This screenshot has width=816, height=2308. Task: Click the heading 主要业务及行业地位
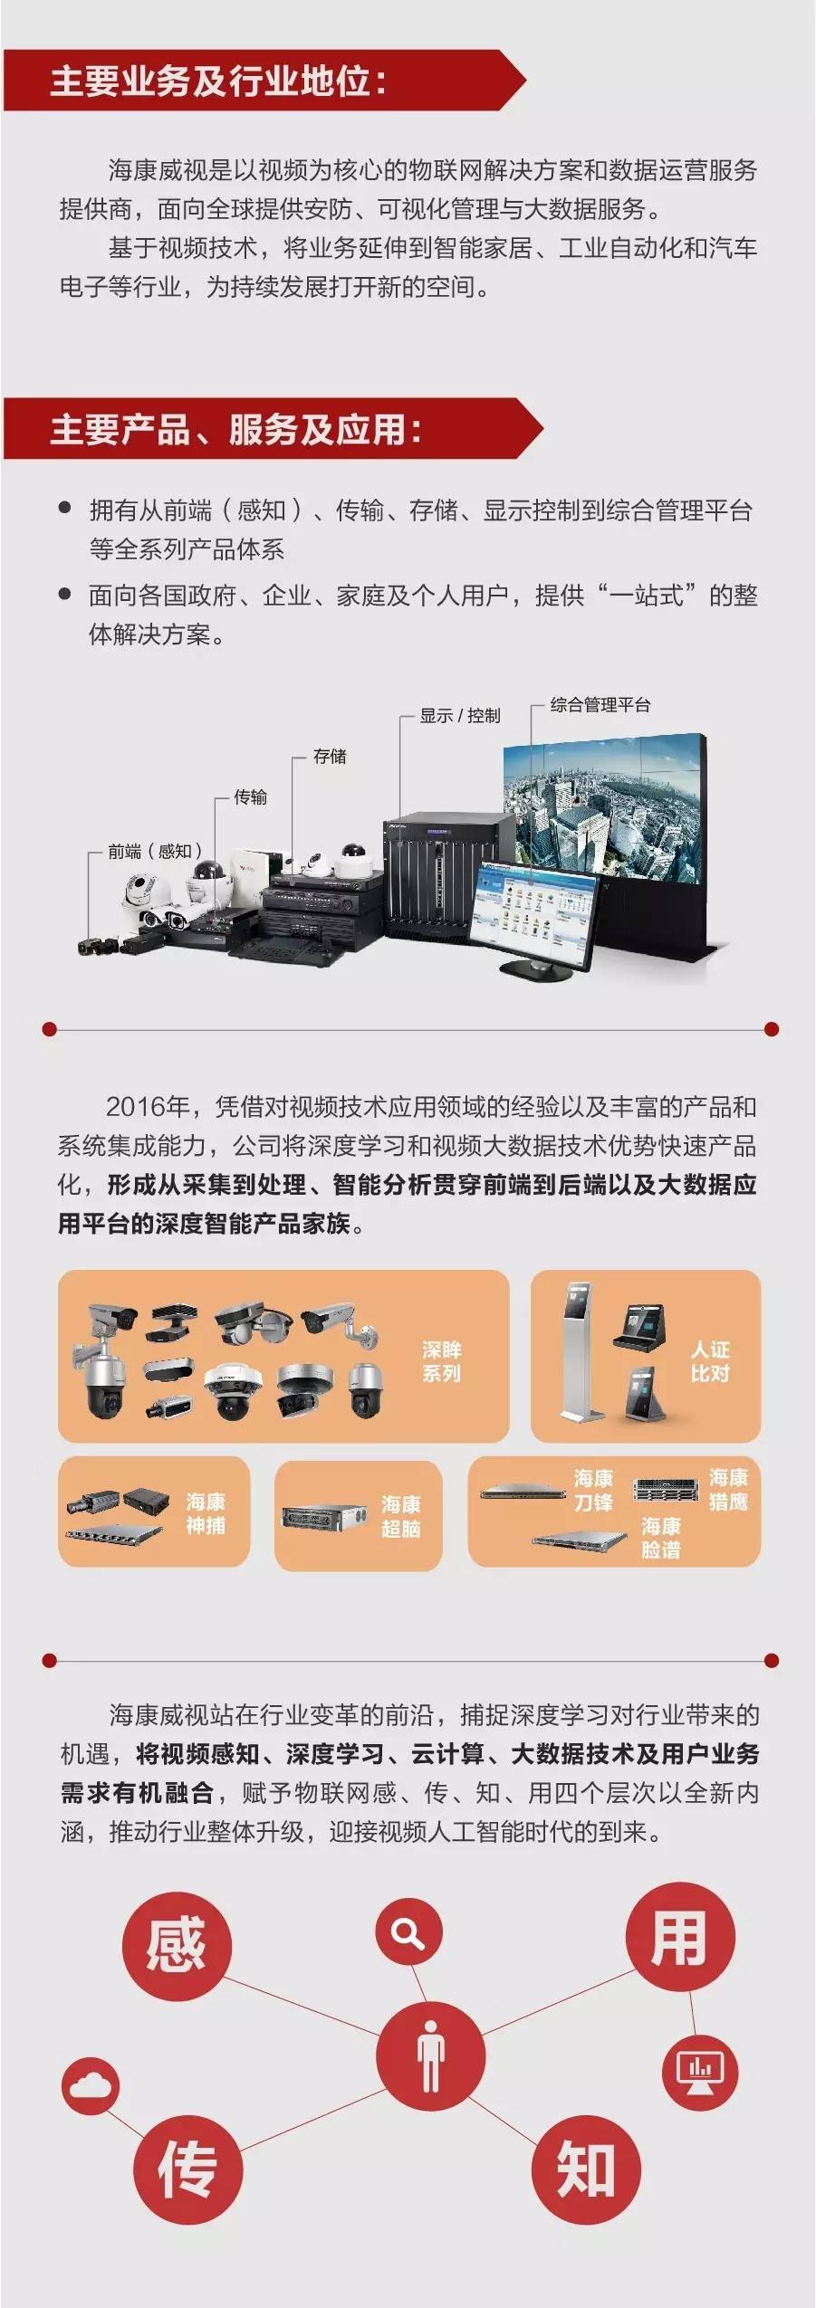pyautogui.click(x=218, y=81)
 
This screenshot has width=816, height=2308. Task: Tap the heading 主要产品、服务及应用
pyautogui.click(x=235, y=429)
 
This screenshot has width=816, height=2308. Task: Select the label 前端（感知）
pyautogui.click(x=155, y=851)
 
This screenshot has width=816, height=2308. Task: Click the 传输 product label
pyautogui.click(x=250, y=796)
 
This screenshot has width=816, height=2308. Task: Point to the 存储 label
pyautogui.click(x=330, y=756)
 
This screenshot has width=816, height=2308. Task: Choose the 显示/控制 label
pyautogui.click(x=460, y=715)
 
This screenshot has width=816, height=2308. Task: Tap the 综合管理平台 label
pyautogui.click(x=600, y=704)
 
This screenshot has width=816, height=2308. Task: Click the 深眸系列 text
pyautogui.click(x=441, y=1361)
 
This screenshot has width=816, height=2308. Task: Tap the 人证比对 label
pyautogui.click(x=710, y=1361)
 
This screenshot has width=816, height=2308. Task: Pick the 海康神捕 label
pyautogui.click(x=206, y=1513)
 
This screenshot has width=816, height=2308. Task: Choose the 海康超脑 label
pyautogui.click(x=400, y=1516)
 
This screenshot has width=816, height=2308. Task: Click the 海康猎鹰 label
pyautogui.click(x=728, y=1490)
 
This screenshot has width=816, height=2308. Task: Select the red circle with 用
pyautogui.click(x=679, y=1937)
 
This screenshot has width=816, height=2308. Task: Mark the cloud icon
pyautogui.click(x=90, y=2085)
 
